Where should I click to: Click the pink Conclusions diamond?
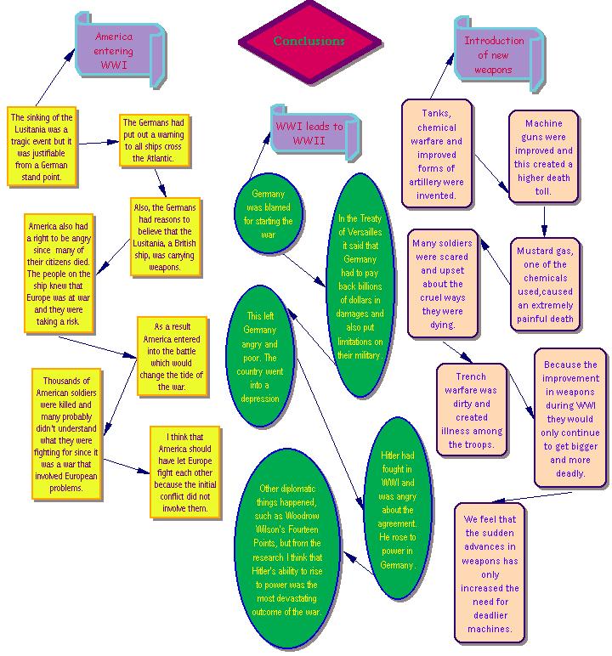coord(309,41)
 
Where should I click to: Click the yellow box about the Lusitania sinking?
coord(42,145)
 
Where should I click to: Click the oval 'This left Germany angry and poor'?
coord(259,357)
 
